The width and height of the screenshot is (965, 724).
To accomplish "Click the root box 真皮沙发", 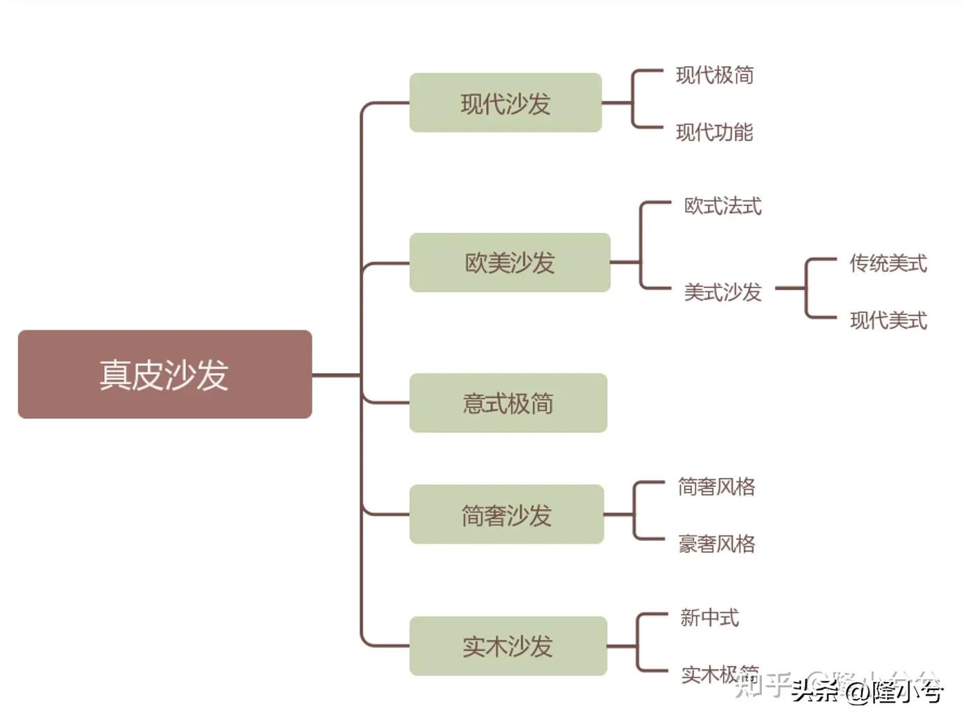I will [x=165, y=374].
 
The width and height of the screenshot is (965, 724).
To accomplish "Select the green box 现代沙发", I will [x=505, y=103].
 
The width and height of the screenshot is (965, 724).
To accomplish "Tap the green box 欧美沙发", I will [x=509, y=263].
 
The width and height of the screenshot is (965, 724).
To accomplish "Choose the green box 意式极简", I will [x=508, y=403].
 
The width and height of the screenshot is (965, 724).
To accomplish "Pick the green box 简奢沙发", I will [x=506, y=515].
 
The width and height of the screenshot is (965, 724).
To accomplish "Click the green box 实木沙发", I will [x=508, y=646].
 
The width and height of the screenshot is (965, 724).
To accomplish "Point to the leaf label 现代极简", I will [x=715, y=75].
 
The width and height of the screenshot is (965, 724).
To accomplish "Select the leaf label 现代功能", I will [x=715, y=132].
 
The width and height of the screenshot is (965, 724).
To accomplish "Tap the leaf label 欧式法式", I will [x=722, y=205].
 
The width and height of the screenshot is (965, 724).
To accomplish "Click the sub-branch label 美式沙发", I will [x=722, y=292].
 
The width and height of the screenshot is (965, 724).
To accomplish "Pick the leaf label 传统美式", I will [x=888, y=263].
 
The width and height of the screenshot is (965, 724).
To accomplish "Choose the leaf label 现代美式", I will [x=888, y=320].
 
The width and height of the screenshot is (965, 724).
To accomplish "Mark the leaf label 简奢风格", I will [x=716, y=486].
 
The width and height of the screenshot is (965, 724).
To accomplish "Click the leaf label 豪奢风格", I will [x=716, y=544].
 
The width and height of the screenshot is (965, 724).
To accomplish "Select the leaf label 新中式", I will [x=709, y=617].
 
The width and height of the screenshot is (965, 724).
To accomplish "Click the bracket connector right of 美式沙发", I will [x=806, y=289].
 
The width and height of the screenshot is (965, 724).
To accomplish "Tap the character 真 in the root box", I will [x=115, y=374].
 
